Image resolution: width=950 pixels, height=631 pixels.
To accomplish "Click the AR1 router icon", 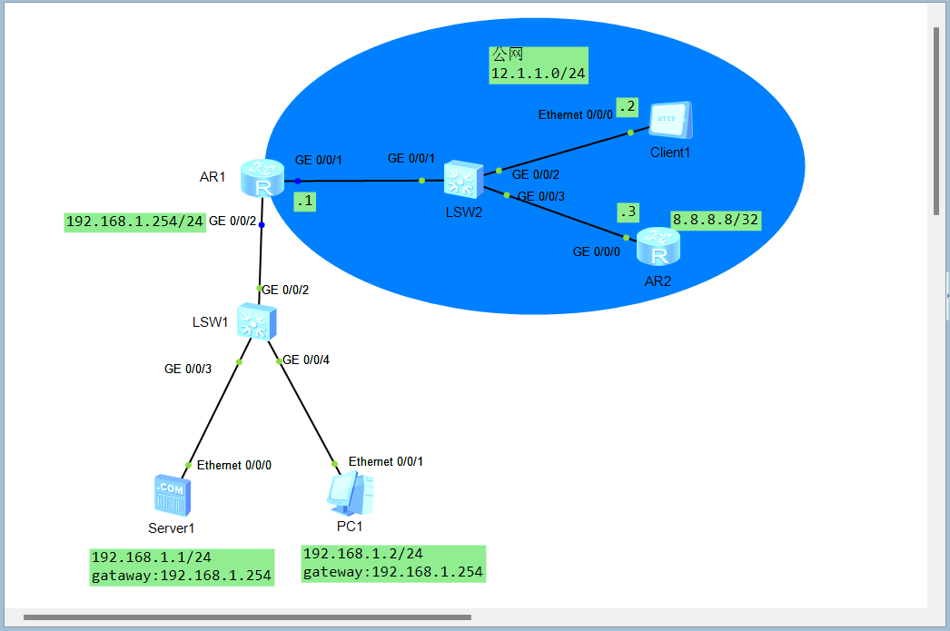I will tap(262, 178).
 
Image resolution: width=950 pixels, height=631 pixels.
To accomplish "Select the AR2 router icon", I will tap(658, 248).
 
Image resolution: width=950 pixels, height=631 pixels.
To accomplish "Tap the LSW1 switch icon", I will tap(256, 322).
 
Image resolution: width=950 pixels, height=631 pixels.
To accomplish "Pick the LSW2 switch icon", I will tap(464, 180).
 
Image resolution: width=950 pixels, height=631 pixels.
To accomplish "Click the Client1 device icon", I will tap(671, 121).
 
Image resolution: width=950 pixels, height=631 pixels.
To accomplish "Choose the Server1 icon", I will tap(172, 495).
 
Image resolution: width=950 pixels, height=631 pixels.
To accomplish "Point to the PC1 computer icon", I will tap(351, 495).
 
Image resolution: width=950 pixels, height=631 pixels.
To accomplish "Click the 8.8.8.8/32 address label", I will tap(715, 220).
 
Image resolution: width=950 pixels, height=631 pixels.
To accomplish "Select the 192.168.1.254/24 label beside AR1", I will tap(134, 222).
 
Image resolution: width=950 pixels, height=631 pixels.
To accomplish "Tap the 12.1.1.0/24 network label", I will tap(539, 74).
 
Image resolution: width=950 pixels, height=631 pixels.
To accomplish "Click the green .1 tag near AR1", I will tap(305, 202).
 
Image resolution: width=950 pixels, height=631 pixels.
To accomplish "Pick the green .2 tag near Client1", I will tap(628, 106).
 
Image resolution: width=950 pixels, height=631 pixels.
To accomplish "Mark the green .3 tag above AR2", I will tap(628, 212).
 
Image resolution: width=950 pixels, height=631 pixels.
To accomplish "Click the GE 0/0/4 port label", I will tap(306, 360).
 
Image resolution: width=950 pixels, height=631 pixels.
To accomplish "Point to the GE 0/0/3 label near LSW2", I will tap(541, 196).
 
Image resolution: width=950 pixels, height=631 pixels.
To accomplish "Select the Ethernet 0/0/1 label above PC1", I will tap(386, 461).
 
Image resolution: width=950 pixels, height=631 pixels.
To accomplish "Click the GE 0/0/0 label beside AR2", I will tap(596, 251).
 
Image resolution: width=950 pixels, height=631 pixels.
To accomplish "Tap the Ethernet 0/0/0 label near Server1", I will tap(234, 465).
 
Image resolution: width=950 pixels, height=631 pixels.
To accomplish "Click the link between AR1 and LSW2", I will tap(363, 181).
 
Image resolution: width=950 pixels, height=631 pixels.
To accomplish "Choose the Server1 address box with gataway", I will tap(182, 567).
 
